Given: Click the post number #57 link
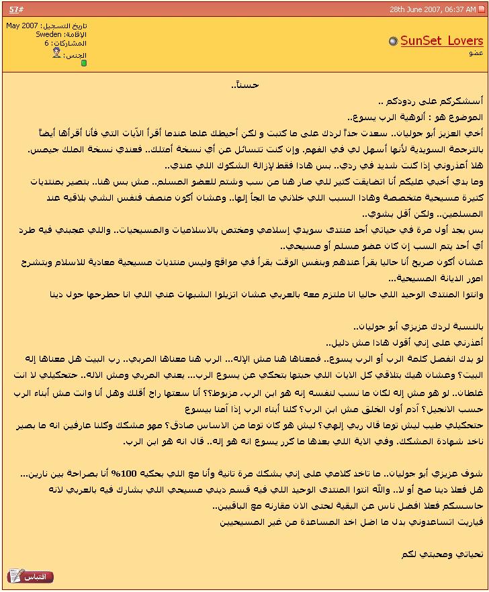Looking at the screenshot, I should (x=13, y=9).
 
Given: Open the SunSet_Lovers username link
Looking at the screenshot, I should (x=441, y=41).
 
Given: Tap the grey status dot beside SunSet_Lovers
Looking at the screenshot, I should (x=393, y=42).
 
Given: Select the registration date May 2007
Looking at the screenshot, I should (x=22, y=26).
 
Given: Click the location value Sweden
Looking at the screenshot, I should (x=48, y=34).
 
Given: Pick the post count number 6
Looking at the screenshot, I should (x=47, y=43).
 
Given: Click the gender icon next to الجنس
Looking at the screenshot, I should (x=56, y=53).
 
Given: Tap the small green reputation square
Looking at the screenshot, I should (x=84, y=63).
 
